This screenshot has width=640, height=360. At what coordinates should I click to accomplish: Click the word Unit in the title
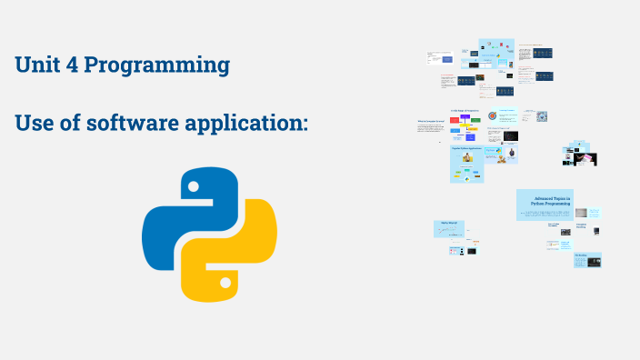37,65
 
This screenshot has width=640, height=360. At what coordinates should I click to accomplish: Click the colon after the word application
305,125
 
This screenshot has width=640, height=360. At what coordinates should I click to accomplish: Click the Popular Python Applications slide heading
466,147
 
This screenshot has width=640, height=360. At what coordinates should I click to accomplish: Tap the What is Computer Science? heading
429,121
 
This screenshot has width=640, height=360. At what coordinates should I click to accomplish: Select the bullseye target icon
492,116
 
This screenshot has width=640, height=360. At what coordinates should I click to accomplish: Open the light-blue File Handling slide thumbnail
587,260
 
